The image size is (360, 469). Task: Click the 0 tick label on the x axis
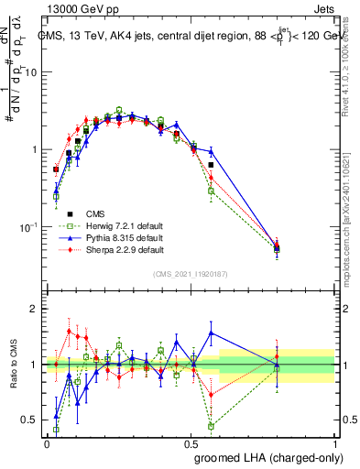pos(47,443)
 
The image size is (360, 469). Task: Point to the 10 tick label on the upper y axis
pos(31,72)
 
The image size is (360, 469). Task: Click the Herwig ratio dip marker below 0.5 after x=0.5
pos(212,426)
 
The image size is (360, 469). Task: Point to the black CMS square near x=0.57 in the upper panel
pos(212,165)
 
